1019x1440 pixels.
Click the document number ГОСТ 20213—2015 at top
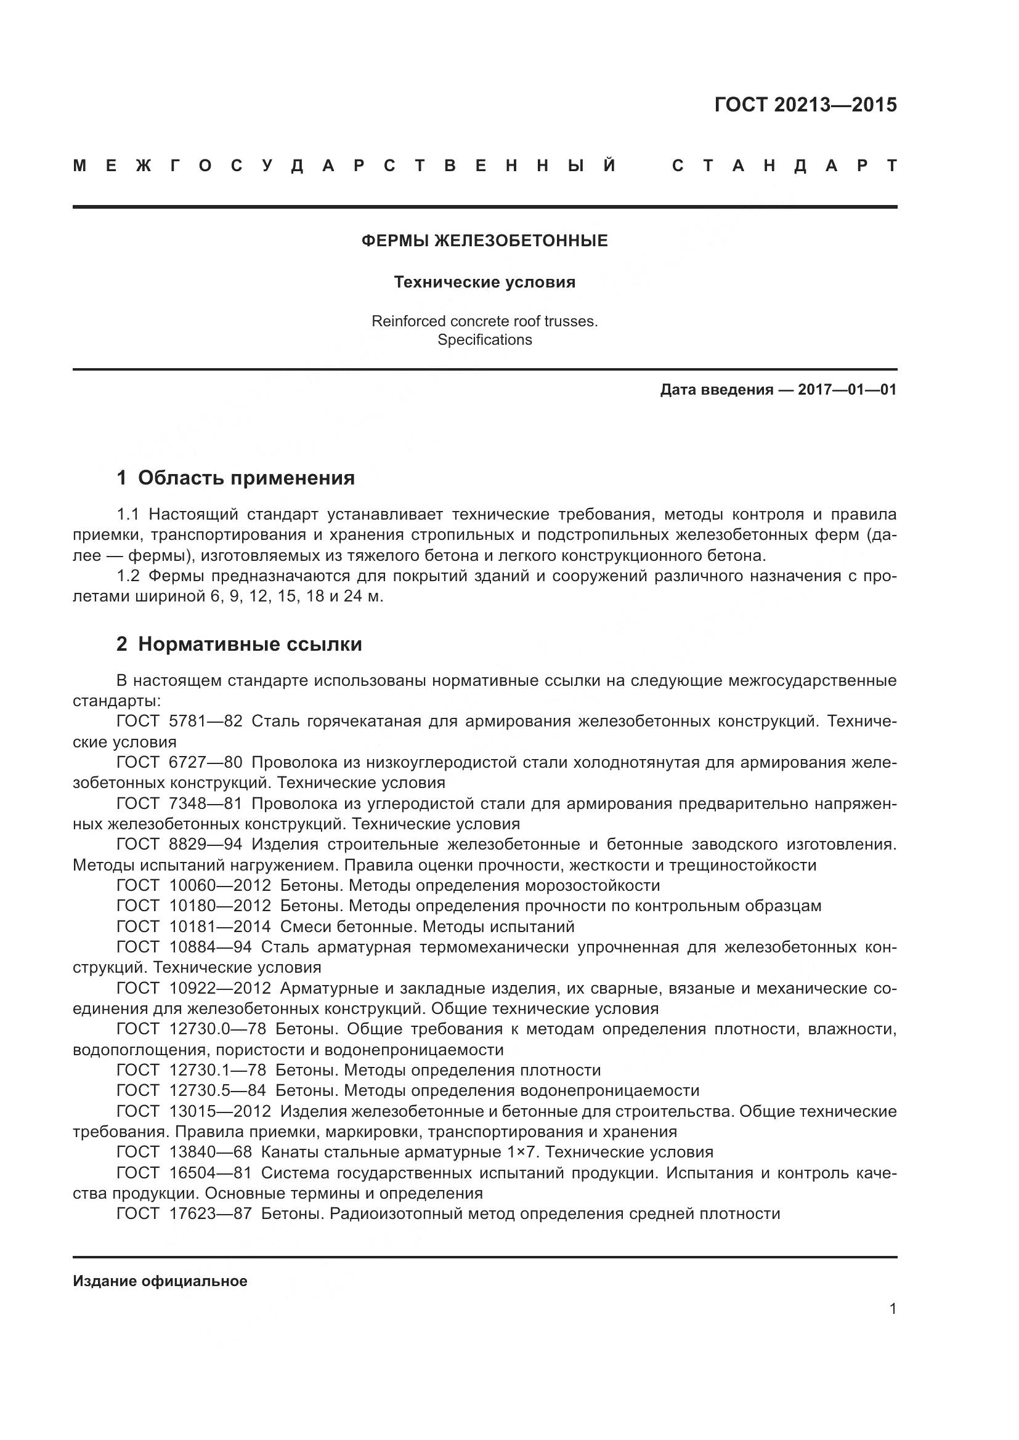coord(805,105)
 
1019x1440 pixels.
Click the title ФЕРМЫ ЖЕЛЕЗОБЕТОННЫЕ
coord(484,241)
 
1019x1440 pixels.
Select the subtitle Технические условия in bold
coord(484,282)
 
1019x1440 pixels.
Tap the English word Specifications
coord(484,340)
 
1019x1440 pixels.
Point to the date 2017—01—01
coord(846,390)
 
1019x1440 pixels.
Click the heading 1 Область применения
coord(235,478)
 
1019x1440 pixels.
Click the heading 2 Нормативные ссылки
coord(239,644)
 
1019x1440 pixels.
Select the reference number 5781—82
coord(205,722)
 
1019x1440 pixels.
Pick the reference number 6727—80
coord(205,762)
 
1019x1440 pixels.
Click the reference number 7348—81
coord(205,803)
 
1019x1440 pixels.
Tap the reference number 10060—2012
coord(219,885)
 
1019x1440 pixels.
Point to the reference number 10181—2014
coord(219,927)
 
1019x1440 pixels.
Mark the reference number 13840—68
coord(210,1152)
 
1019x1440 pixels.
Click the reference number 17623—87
coord(210,1213)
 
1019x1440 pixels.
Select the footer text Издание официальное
coord(160,1281)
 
